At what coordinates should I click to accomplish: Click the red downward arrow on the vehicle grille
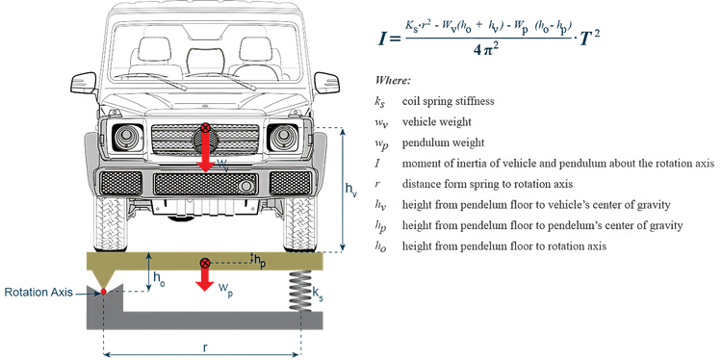point(204,152)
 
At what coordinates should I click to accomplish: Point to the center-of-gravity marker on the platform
point(204,264)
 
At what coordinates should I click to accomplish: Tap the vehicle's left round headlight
point(125,137)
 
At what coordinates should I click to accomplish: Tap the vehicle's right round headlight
point(282,137)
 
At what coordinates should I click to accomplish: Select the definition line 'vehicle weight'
point(433,122)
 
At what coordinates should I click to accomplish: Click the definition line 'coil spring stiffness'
point(443,101)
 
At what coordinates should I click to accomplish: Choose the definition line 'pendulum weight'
point(438,142)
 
